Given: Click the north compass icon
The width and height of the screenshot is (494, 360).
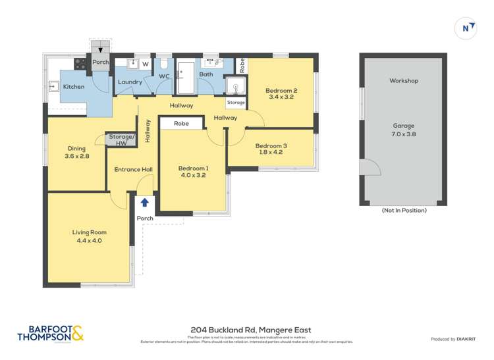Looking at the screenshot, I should [x=466, y=28].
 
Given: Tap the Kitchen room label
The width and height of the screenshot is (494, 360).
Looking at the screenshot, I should [x=74, y=87].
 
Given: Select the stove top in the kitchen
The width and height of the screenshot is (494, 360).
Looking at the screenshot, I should [x=80, y=64].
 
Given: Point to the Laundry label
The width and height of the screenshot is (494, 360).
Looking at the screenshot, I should [x=130, y=82].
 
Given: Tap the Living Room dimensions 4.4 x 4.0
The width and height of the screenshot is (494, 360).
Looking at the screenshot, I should [x=90, y=241].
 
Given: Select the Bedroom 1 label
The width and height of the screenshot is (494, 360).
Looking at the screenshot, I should [x=193, y=169].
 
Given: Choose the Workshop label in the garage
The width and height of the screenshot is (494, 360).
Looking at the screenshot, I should [x=404, y=81].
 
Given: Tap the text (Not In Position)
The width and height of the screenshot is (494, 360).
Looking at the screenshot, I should [x=404, y=210].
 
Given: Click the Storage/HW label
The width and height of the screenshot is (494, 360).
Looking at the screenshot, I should [x=121, y=140].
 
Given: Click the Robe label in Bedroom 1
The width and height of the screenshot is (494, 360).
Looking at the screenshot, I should [x=182, y=123].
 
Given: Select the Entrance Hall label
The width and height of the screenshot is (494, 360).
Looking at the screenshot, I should [x=134, y=170].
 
